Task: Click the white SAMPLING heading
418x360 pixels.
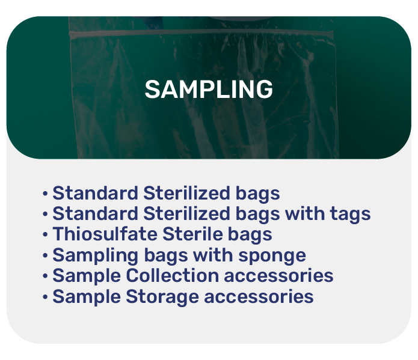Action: tap(209, 90)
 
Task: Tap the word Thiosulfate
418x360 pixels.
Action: tap(105, 234)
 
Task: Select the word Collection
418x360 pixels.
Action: tap(172, 275)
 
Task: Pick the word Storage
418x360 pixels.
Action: tap(162, 297)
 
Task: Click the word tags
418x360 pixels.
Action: tap(350, 215)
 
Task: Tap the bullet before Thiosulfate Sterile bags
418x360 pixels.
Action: tap(45, 235)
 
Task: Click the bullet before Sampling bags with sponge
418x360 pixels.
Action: tap(45, 255)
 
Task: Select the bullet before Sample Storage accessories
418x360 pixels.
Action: tap(45, 297)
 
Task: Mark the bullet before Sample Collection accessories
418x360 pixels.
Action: tap(45, 276)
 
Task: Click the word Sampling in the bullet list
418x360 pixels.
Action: tap(96, 256)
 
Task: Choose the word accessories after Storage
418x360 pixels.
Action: tap(259, 297)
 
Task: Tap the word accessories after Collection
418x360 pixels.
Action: tap(278, 276)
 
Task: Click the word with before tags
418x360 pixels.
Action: tap(305, 213)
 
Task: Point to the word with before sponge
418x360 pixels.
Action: tap(213, 255)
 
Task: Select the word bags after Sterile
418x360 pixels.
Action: tap(250, 235)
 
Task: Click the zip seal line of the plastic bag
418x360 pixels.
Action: tap(201, 33)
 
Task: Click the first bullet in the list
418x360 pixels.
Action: tap(45, 194)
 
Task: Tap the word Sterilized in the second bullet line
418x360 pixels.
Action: tap(186, 213)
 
